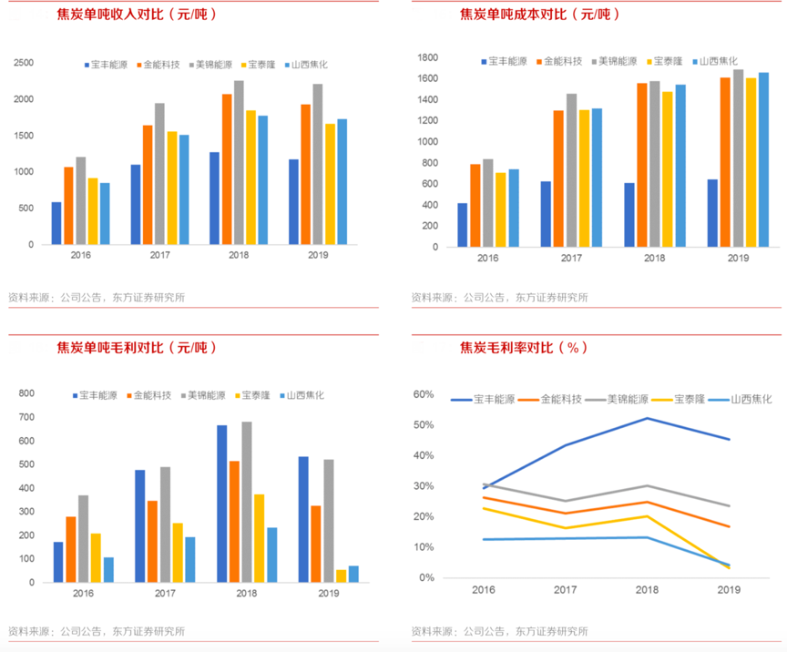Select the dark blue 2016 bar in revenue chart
pyautogui.click(x=56, y=223)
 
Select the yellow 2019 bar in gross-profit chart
pyautogui.click(x=342, y=576)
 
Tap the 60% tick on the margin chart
pyautogui.click(x=424, y=394)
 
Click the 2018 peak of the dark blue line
pyautogui.click(x=647, y=418)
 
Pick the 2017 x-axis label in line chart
pyautogui.click(x=565, y=590)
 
